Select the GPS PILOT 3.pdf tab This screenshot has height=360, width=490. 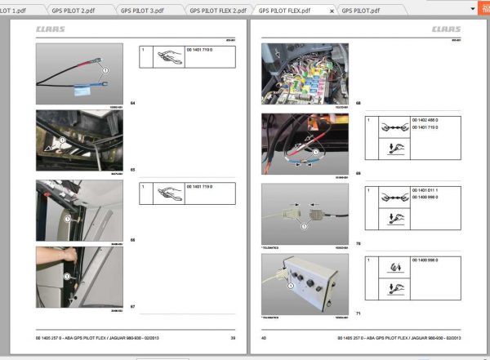pyautogui.click(x=149, y=11)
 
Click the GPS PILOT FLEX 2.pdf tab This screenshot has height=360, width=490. pyautogui.click(x=217, y=11)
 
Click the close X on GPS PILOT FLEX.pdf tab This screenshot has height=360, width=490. pyautogui.click(x=331, y=11)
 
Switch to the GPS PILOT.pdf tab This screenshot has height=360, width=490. pyautogui.click(x=359, y=11)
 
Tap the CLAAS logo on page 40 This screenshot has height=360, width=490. pyautogui.click(x=446, y=29)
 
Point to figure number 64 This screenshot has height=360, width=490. pyautogui.click(x=132, y=103)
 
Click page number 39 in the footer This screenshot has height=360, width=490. pyautogui.click(x=233, y=338)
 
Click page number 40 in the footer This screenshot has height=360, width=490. pyautogui.click(x=264, y=338)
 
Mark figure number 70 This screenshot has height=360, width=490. pyautogui.click(x=358, y=243)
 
